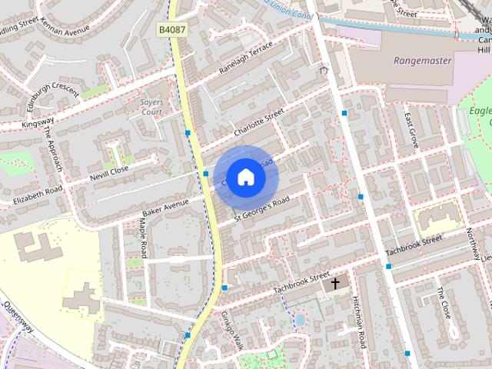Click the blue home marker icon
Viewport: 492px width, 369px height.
245,177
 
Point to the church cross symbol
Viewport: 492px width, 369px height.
334,284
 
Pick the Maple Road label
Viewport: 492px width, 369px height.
144,239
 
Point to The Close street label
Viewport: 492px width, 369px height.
444,303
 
